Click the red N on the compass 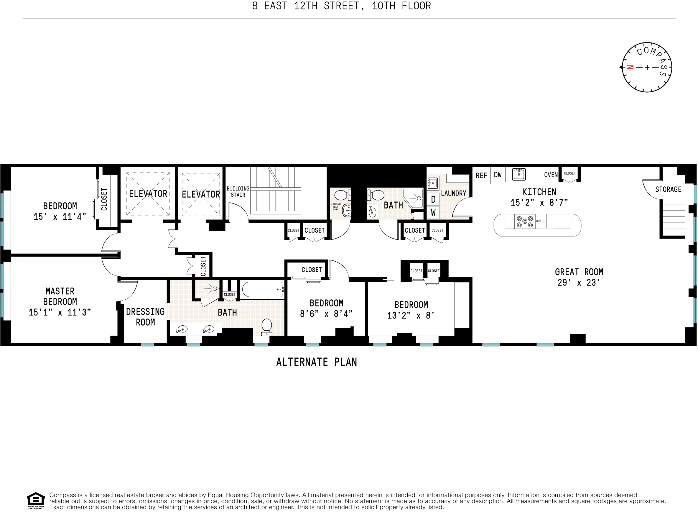tap(630, 67)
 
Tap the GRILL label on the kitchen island tap(540, 221)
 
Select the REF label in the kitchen tap(481, 176)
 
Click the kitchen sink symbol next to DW tap(519, 174)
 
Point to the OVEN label tap(551, 175)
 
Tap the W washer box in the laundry tap(433, 213)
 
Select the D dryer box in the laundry tap(433, 200)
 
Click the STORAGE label tap(668, 189)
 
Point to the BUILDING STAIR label tap(238, 192)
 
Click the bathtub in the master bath tap(262, 289)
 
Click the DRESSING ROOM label tap(145, 317)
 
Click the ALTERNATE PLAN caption tap(317, 362)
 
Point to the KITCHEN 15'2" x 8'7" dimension tap(539, 203)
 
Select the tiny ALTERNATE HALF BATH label tap(336, 207)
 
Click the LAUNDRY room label tap(453, 193)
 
